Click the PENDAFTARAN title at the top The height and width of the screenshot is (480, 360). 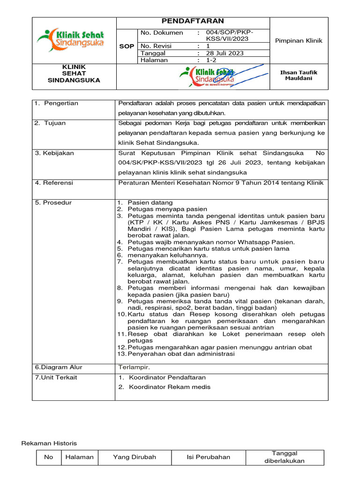(x=193, y=21)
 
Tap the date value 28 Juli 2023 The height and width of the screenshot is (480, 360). (x=225, y=53)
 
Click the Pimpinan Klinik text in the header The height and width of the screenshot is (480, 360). (x=299, y=41)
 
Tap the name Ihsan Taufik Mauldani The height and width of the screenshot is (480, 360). (x=299, y=75)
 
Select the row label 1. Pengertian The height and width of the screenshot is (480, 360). (x=56, y=103)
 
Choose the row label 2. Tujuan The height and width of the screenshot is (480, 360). (x=50, y=123)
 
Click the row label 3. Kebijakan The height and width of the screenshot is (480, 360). (x=54, y=153)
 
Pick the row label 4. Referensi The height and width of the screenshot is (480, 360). (x=54, y=183)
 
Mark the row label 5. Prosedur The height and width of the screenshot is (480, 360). (x=53, y=202)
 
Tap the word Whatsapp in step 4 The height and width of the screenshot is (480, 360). (x=249, y=242)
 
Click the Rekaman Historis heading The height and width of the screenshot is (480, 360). (x=50, y=443)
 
